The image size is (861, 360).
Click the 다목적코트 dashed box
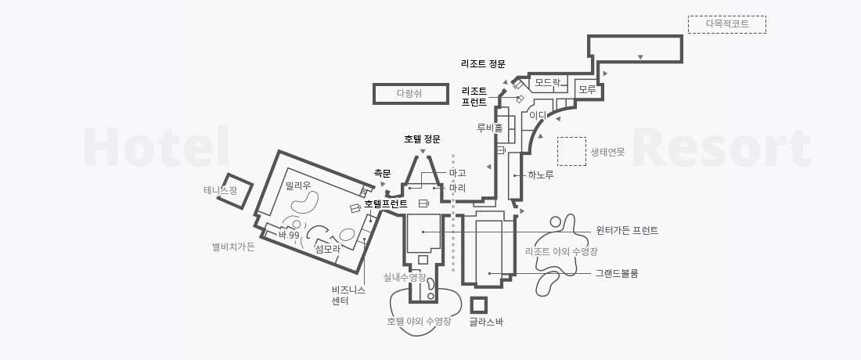[x=726, y=24]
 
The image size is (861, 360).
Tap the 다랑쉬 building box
[x=409, y=94]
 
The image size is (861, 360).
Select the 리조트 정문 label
[x=483, y=64]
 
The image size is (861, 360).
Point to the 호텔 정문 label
[x=422, y=139]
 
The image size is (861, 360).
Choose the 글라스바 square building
[x=478, y=304]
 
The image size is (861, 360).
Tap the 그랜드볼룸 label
[x=617, y=273]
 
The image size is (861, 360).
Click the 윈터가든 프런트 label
[x=627, y=231]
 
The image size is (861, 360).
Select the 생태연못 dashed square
[x=571, y=152]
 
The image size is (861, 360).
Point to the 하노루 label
[x=541, y=175]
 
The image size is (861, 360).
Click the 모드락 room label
[x=547, y=82]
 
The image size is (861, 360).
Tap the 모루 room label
[x=587, y=90]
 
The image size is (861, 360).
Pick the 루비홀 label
[x=489, y=127]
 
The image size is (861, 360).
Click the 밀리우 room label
[x=298, y=185]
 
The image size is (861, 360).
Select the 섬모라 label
[x=326, y=249]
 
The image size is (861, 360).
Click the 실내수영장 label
[x=404, y=278]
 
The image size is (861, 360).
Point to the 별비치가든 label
[x=233, y=247]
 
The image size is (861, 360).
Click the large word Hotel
[x=157, y=149]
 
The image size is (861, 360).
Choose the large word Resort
[x=721, y=149]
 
